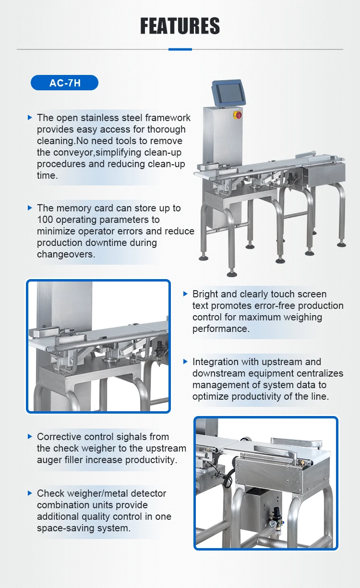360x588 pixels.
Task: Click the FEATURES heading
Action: [180, 26]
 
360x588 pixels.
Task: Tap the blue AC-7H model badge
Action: [64, 83]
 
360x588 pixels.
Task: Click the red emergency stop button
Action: [239, 115]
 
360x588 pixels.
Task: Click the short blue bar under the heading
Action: [180, 49]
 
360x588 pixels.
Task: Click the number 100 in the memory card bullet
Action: [45, 220]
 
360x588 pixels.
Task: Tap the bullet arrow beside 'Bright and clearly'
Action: [185, 294]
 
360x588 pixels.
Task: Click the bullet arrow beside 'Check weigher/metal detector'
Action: [30, 493]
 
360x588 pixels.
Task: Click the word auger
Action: [49, 460]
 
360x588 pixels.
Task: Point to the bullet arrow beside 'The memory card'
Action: [30, 208]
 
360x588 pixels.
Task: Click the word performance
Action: [220, 329]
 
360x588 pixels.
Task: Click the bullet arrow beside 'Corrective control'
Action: [30, 437]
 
